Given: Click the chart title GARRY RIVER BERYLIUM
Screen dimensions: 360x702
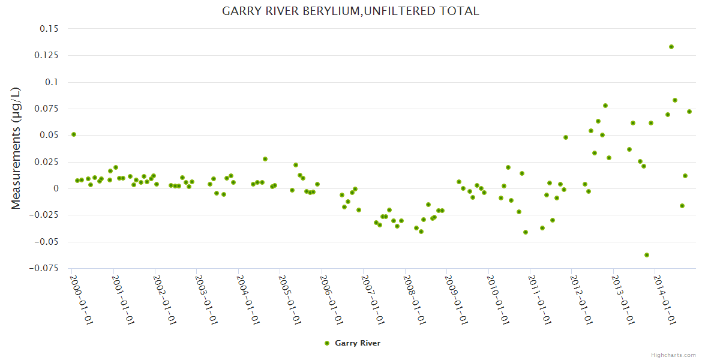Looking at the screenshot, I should point(350,11).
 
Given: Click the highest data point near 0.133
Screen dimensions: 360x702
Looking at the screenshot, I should point(671,47).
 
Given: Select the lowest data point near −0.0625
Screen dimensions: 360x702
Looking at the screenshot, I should point(647,255).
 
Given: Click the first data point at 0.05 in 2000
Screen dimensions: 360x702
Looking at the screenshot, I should point(74,134).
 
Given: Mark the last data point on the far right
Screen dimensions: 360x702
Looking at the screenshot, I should point(689,112).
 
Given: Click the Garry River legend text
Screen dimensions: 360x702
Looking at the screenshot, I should point(358,343).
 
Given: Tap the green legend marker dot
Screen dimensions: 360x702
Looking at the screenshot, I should point(327,343).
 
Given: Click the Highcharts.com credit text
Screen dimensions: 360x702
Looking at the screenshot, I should point(674,355).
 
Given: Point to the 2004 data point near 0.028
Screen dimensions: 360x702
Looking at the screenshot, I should point(265,159).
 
